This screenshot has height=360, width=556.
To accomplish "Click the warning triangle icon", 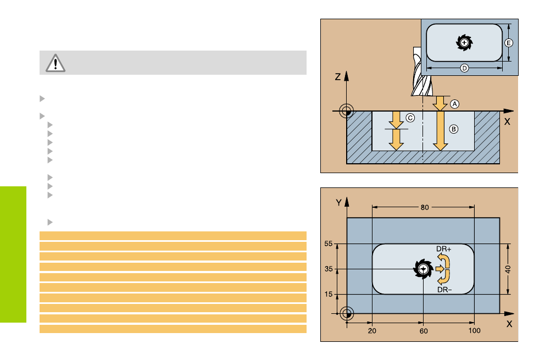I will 55,63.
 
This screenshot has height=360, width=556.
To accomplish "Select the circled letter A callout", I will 454,103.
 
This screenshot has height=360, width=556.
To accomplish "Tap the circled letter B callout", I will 454,129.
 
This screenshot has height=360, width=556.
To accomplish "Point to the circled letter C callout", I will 410,117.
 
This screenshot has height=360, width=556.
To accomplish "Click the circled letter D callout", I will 464,68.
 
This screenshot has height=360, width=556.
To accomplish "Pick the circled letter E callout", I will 509,42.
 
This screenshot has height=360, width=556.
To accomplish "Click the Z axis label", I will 338,77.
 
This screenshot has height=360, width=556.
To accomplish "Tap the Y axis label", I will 339,203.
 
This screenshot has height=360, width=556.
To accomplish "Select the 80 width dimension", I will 425,208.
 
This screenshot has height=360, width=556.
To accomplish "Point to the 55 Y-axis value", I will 329,244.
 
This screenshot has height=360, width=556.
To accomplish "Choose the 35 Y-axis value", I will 329,269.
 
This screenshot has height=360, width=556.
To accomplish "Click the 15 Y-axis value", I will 329,295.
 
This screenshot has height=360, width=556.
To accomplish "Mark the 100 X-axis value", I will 475,330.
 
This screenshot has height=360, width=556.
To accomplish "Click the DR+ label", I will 443,248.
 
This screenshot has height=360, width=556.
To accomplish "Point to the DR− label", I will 443,290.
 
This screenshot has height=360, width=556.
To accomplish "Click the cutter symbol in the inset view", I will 464,42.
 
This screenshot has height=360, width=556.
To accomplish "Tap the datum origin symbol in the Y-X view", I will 347,314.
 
